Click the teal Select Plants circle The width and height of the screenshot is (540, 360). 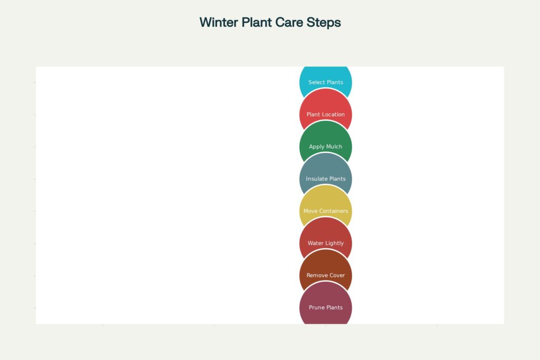point(325,76)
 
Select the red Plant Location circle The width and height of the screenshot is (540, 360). point(325,108)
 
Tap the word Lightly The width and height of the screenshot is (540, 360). point(334,243)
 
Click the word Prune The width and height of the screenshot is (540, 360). point(316,307)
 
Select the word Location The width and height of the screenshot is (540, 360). point(333,114)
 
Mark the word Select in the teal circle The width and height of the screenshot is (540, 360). point(316,82)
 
